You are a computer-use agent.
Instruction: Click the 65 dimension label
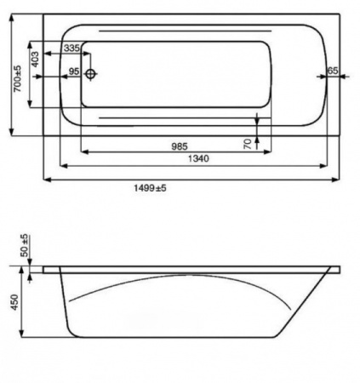coord(333,71)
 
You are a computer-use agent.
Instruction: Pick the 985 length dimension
coord(175,146)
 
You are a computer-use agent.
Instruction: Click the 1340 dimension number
coord(198,159)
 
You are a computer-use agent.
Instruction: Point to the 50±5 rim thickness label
coord(25,247)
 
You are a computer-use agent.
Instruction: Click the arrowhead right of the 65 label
coord(344,79)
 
